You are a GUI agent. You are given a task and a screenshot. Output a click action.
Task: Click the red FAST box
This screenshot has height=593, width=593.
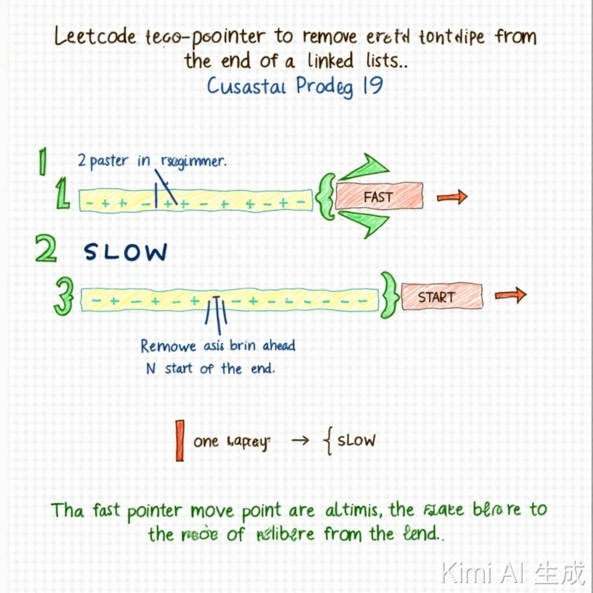click(x=379, y=196)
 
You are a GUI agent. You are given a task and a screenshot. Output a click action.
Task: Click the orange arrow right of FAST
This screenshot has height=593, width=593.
click(x=452, y=198)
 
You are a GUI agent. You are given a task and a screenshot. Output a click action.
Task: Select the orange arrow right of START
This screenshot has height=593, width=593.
click(x=510, y=295)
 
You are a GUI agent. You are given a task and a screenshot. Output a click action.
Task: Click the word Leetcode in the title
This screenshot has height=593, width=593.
click(x=95, y=38)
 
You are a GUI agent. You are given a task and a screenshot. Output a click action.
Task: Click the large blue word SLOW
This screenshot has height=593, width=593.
click(x=126, y=252)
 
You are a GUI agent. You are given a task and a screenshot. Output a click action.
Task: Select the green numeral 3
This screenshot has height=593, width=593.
click(x=63, y=296)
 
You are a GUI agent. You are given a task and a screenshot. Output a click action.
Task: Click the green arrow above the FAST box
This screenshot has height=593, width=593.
click(x=365, y=168)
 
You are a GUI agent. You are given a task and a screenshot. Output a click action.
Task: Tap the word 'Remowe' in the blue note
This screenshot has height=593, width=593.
click(x=169, y=346)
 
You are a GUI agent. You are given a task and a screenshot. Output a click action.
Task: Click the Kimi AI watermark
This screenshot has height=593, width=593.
click(x=512, y=573)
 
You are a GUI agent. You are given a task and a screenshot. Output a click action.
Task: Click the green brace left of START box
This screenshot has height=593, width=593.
click(x=389, y=296)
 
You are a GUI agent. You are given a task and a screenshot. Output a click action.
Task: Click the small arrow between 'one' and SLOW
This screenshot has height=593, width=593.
click(x=301, y=441)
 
